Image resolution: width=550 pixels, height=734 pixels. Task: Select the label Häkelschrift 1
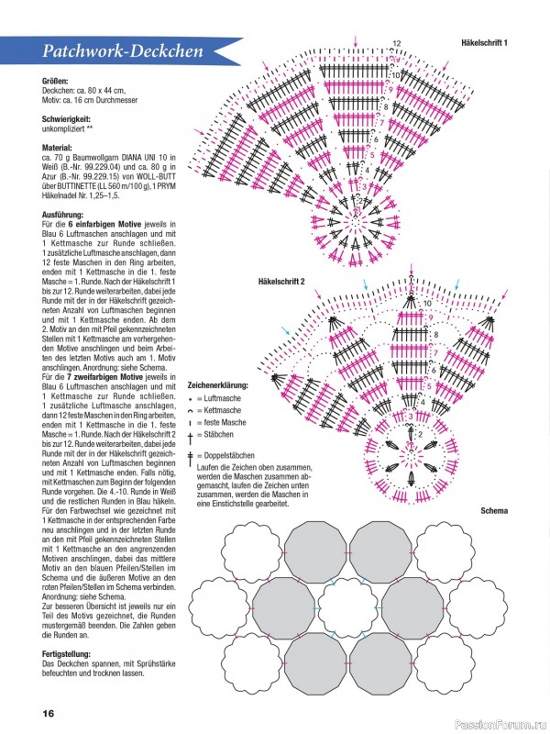[485, 43]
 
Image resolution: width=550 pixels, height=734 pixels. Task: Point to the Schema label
[494, 509]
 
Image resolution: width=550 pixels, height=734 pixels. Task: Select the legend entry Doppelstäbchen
[225, 456]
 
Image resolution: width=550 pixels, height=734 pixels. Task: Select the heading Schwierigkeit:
[70, 120]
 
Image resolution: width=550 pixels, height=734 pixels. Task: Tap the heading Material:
[60, 147]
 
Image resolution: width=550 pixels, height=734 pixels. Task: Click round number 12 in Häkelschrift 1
[397, 43]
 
